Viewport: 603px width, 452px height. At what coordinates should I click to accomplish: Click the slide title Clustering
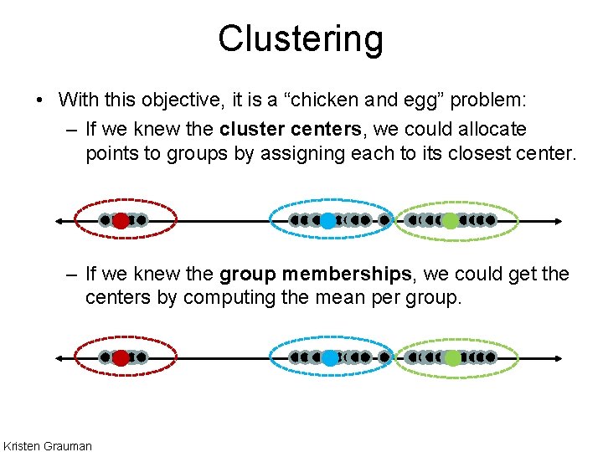[301, 39]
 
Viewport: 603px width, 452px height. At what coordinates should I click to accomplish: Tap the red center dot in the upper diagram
[121, 221]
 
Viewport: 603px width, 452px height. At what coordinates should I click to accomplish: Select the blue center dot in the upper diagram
[328, 221]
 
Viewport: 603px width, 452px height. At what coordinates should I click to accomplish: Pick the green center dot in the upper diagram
[450, 221]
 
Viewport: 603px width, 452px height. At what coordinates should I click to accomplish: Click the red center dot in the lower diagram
[121, 357]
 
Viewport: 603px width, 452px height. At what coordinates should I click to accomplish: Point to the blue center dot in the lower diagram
[330, 357]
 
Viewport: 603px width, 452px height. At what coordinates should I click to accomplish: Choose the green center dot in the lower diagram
[452, 357]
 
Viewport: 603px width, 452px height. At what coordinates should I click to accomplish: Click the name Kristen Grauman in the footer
[48, 445]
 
